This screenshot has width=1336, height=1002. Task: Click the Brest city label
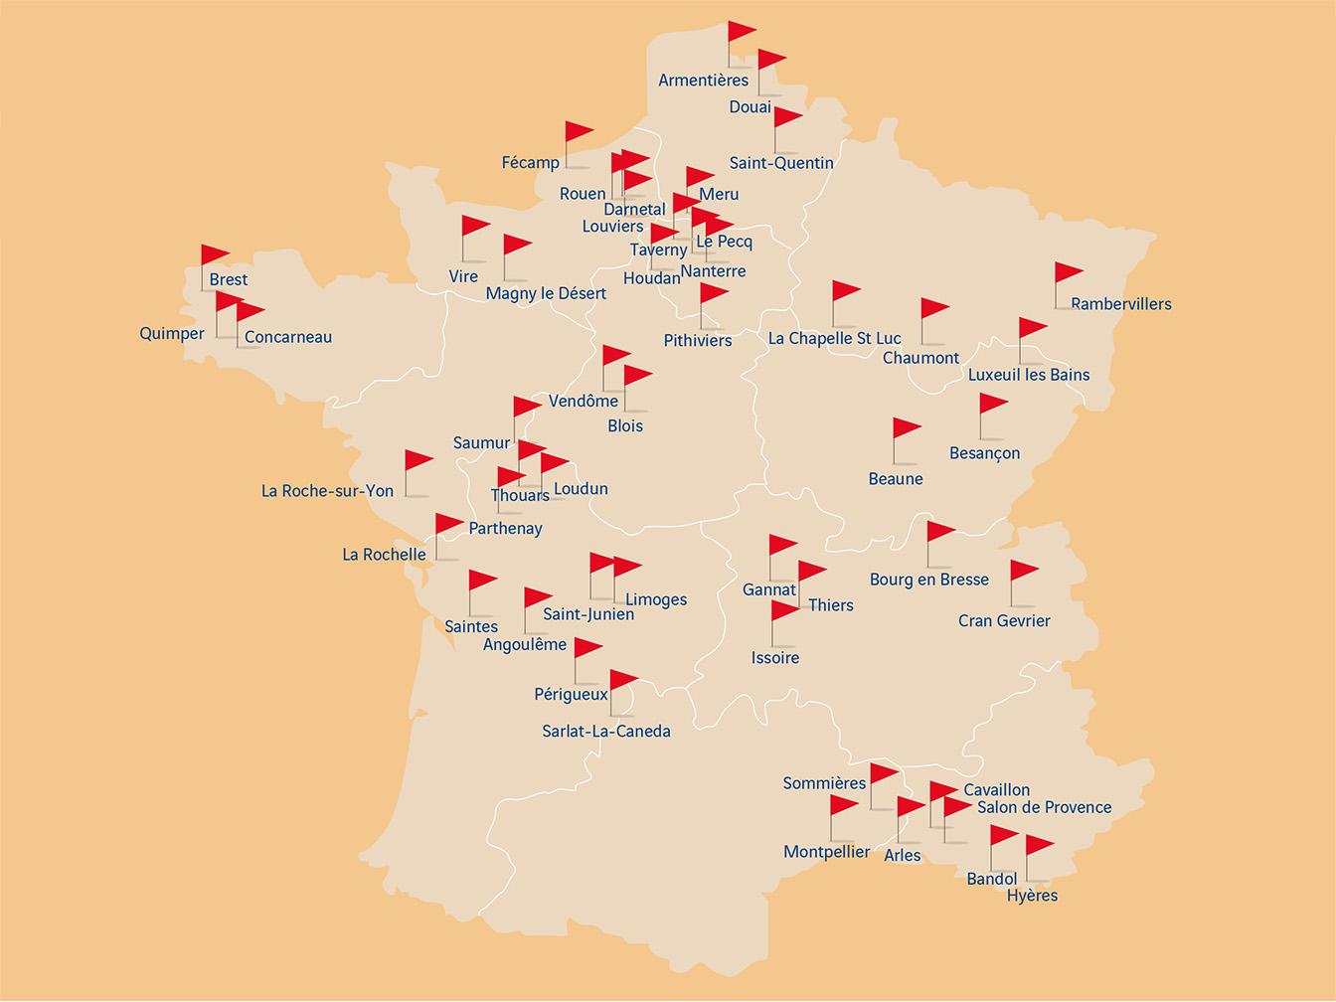(229, 280)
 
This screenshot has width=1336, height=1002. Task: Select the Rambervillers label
(1120, 304)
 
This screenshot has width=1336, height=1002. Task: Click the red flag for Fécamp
(578, 132)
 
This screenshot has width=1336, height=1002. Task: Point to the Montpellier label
(826, 852)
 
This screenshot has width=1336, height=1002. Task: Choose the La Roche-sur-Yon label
(327, 491)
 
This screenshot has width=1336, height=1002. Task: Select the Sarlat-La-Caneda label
(605, 732)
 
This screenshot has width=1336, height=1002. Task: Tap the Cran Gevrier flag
(1023, 572)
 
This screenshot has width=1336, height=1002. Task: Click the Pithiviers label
(697, 341)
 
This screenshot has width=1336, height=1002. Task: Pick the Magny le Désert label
(546, 294)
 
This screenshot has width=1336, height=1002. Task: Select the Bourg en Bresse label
(928, 580)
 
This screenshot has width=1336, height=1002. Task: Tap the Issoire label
(774, 658)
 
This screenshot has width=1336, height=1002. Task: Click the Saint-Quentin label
(781, 163)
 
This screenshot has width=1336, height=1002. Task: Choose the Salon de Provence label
(1044, 807)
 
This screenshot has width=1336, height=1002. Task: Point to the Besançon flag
(992, 405)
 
